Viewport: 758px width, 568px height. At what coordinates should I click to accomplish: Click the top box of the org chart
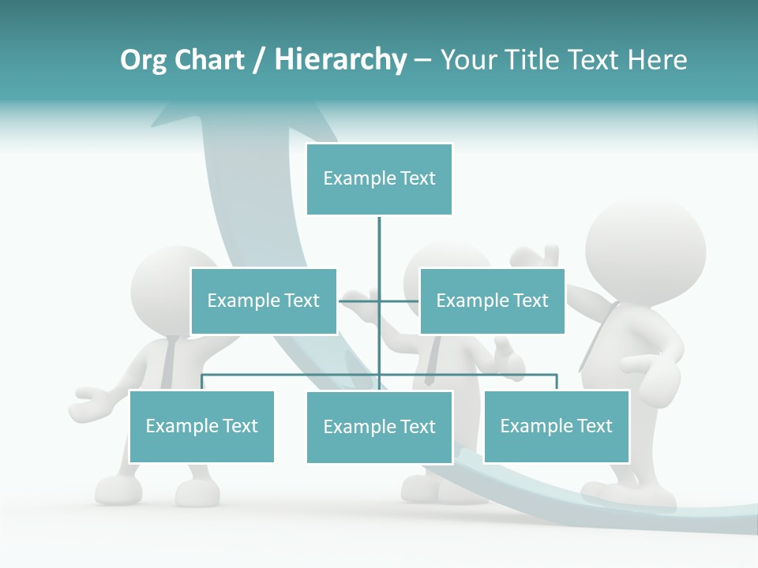click(x=379, y=179)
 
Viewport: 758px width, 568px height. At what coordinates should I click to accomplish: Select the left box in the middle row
click(x=264, y=301)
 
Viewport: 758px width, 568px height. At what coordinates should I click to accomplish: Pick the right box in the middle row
click(x=492, y=301)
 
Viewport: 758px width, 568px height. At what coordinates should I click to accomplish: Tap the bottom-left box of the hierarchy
click(x=202, y=426)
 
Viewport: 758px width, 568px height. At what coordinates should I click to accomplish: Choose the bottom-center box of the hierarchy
click(x=379, y=427)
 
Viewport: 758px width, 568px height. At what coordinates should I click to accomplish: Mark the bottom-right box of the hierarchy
click(x=557, y=426)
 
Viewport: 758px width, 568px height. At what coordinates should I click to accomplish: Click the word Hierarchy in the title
click(x=340, y=60)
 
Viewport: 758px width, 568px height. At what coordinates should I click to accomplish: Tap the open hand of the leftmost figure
click(x=91, y=402)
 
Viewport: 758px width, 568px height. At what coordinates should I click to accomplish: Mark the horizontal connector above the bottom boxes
click(x=292, y=376)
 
